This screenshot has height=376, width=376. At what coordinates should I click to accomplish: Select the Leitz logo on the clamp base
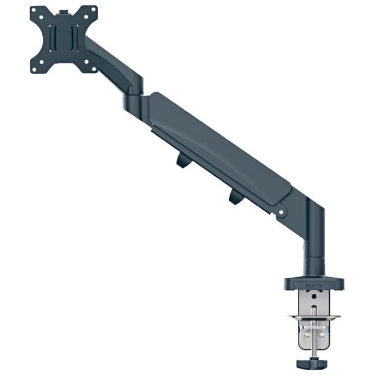click(x=313, y=285)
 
